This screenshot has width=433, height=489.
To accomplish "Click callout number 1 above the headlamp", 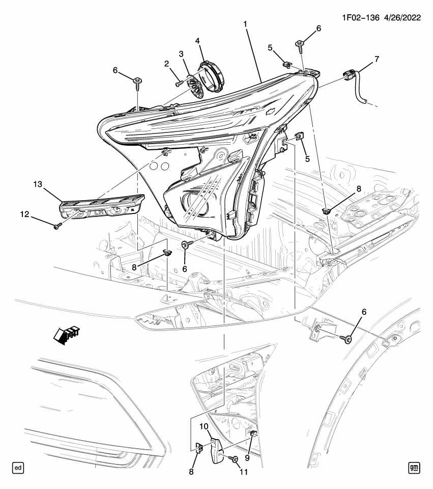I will coord(246,24).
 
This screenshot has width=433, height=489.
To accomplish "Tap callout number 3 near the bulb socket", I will coord(180,54).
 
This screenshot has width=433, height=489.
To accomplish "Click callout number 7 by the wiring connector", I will coord(377,59).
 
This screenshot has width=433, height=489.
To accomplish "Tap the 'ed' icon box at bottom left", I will coord(18,467).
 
